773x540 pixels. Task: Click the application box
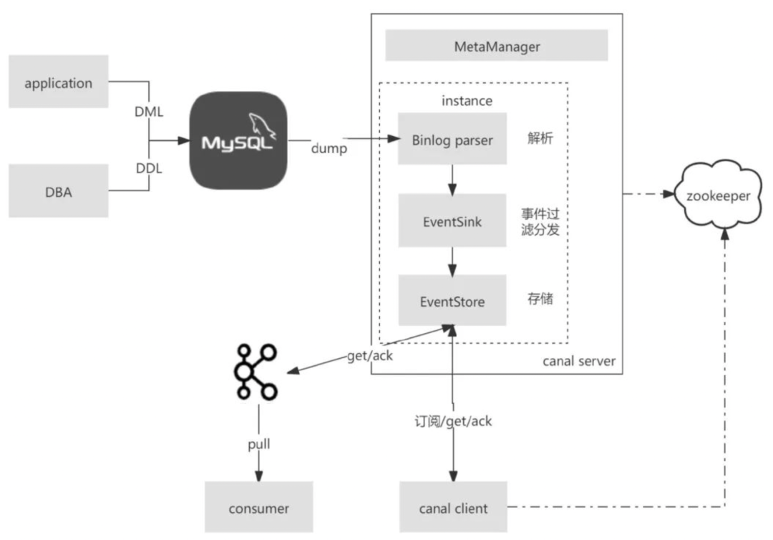tap(59, 82)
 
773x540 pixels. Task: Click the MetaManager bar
tap(497, 47)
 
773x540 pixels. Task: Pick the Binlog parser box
tap(452, 139)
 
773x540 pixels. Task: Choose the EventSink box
tap(452, 221)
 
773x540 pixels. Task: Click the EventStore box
tap(452, 301)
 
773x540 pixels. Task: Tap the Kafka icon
tap(254, 372)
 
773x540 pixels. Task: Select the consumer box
tap(259, 508)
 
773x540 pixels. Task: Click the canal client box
tap(452, 508)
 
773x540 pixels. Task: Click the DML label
tap(150, 112)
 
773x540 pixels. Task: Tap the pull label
tap(258, 444)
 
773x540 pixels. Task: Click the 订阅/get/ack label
tap(452, 421)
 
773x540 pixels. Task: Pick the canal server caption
tap(578, 360)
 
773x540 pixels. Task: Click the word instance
tap(467, 100)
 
